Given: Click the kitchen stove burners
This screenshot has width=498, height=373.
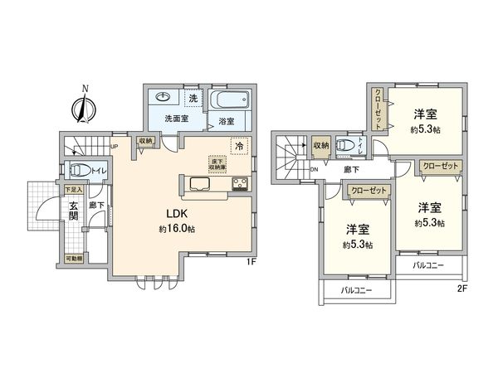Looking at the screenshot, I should coord(240,184).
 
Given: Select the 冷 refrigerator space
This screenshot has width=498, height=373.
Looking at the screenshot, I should coord(238,148).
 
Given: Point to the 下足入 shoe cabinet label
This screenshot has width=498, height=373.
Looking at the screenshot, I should coord(75,189).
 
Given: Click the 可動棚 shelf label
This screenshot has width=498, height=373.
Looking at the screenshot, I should coord(75,259).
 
